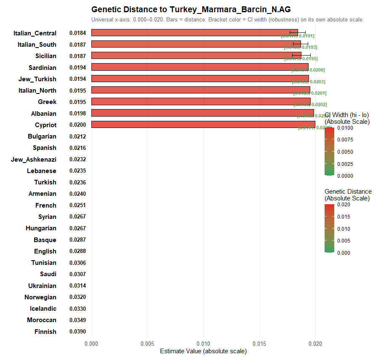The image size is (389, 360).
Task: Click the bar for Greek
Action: point(200,102)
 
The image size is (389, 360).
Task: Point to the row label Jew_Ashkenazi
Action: point(34,160)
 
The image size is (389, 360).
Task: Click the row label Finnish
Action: point(45,332)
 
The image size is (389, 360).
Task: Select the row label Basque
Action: point(45,240)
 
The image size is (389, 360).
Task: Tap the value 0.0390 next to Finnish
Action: point(78,332)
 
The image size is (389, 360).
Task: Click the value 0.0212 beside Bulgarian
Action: point(78,136)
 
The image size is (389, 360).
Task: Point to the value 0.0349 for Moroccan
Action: point(78,320)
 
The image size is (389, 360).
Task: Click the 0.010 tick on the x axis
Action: point(203,344)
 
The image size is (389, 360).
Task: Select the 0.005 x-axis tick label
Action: point(147,344)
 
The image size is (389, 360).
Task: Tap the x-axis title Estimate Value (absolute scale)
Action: point(203,351)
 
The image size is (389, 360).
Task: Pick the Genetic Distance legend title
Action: point(348,195)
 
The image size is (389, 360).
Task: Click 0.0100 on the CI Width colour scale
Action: point(345,128)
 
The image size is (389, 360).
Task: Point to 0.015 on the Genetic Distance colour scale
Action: point(344,217)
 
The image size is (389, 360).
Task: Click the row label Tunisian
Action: point(44,263)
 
